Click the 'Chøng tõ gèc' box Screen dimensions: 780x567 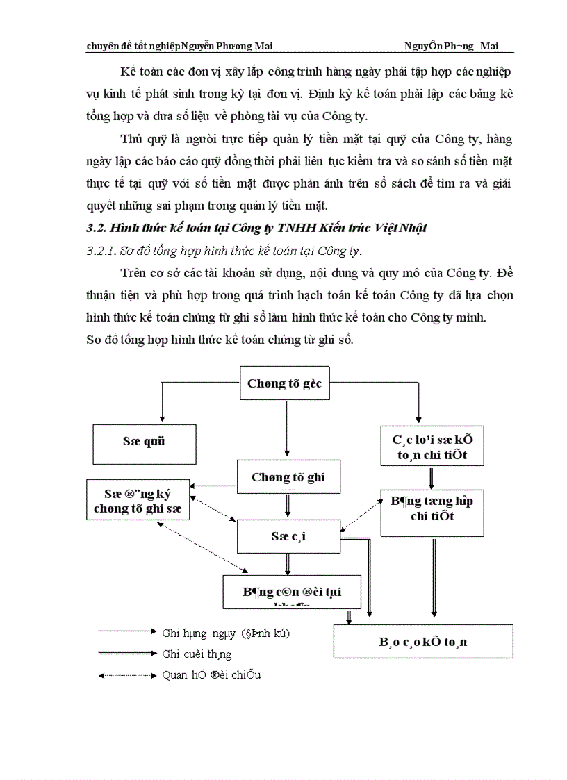(x=285, y=383)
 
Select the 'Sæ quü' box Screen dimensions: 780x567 (x=145, y=442)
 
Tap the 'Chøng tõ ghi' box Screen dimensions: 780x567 (x=288, y=477)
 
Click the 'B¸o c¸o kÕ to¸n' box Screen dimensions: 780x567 (x=423, y=641)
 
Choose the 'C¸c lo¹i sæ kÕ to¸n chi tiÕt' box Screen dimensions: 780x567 (x=432, y=445)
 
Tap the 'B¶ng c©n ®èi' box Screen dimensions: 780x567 (x=292, y=592)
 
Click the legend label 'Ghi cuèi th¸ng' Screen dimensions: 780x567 (x=197, y=654)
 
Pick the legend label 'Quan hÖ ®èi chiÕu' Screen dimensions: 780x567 (x=211, y=674)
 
